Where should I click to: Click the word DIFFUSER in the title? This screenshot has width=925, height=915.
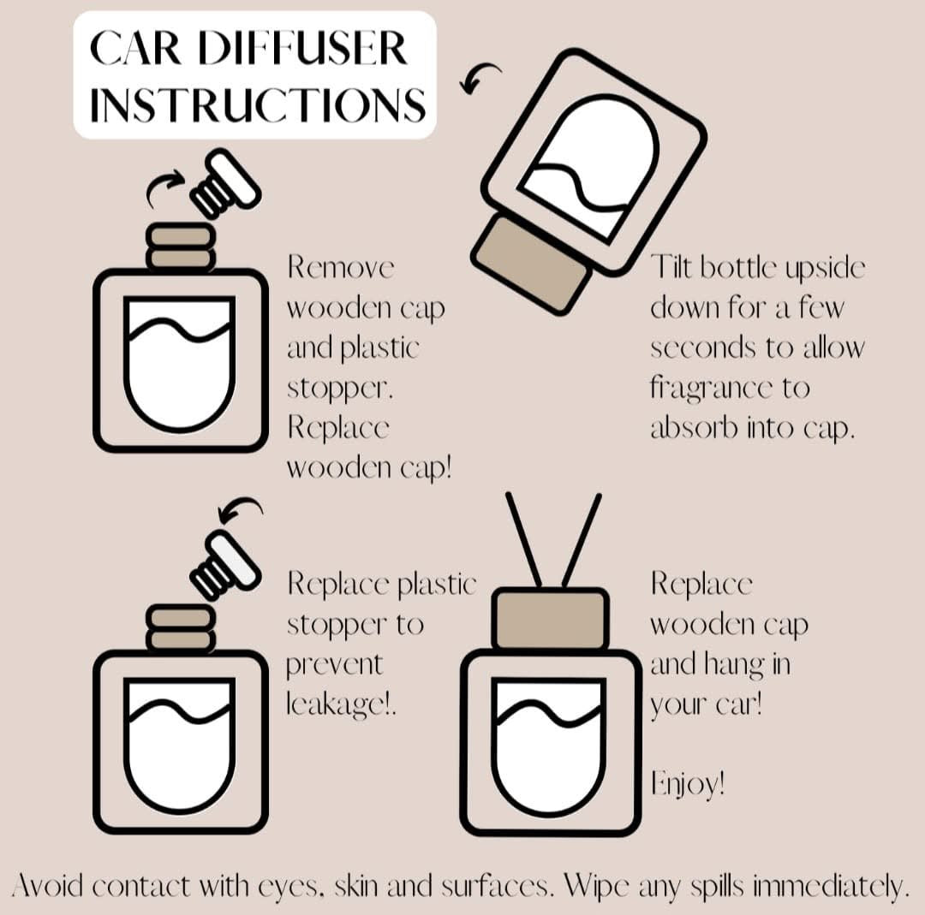[x=313, y=51]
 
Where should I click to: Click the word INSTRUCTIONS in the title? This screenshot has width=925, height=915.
[x=257, y=105]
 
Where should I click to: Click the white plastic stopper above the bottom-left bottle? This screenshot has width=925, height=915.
[x=226, y=563]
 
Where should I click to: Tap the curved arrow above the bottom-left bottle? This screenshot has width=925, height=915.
[x=240, y=511]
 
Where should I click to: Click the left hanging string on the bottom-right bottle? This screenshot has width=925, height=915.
[x=524, y=540]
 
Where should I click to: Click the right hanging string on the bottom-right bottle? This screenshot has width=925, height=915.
[x=582, y=540]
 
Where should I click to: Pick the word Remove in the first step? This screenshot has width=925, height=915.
[x=341, y=267]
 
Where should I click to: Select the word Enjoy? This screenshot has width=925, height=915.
[x=688, y=783]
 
